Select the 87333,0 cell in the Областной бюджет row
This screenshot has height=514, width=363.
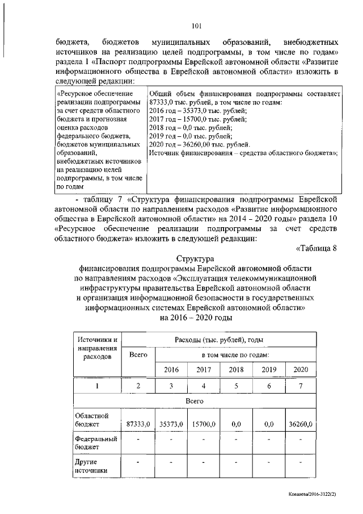point(138,424)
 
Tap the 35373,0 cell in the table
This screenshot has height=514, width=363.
point(171,424)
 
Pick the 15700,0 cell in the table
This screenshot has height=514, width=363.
point(204,424)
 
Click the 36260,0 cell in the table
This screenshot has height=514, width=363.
point(301,424)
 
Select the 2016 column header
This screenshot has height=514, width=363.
point(171,370)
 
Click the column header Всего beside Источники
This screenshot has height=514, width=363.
point(138,354)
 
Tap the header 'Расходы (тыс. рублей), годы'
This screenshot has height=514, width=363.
point(219,340)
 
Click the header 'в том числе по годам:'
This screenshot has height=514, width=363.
point(235,354)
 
